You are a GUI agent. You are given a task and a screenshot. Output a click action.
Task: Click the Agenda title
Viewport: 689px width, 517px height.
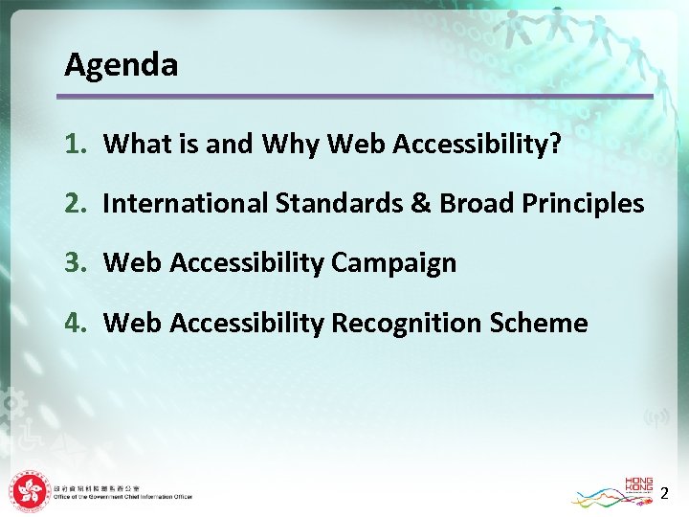[x=121, y=65]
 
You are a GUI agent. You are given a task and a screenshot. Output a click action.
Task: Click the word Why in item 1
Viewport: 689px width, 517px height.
[x=290, y=145]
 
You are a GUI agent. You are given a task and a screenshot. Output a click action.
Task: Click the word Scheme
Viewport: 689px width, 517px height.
[x=538, y=323]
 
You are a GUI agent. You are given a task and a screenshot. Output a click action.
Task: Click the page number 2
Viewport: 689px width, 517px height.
[x=664, y=494]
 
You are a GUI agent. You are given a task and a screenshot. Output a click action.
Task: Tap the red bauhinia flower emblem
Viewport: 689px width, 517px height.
[x=29, y=492]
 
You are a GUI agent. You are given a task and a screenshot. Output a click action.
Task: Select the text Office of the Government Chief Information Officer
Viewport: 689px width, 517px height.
[x=122, y=497]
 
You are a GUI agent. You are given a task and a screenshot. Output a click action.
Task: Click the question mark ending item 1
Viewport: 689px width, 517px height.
[x=554, y=144]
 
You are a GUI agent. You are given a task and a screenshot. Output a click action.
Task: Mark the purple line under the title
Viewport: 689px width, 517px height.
[x=354, y=97]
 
